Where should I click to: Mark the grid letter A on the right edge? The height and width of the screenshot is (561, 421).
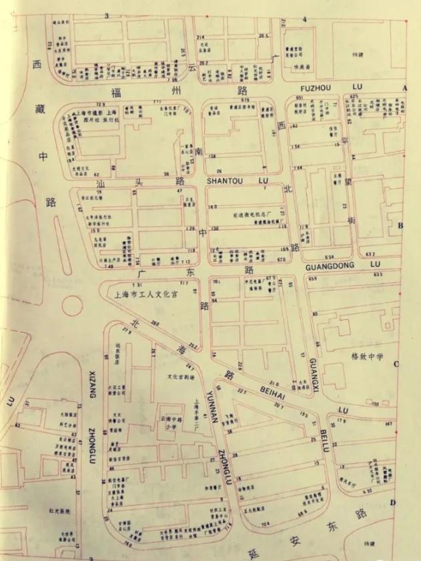pos(404,88)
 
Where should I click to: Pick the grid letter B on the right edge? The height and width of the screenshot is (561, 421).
pos(400,226)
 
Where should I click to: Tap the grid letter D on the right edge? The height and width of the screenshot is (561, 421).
pos(393,502)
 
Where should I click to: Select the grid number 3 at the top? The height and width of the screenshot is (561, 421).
pos(106,16)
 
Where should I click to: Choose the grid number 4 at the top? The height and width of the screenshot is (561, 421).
pos(304,19)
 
